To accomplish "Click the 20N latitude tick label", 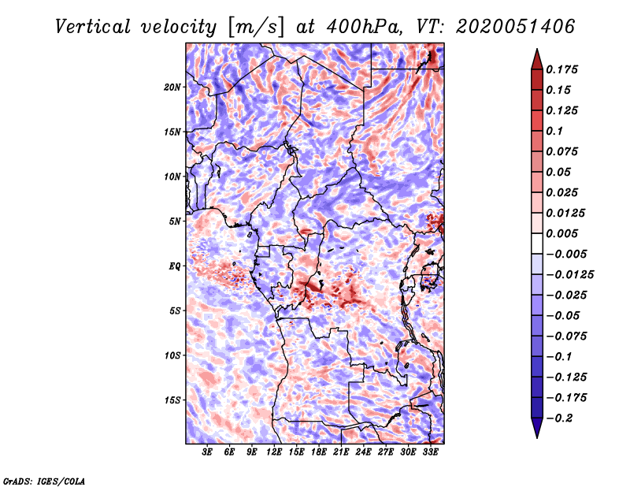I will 172,87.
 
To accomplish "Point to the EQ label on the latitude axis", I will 174,266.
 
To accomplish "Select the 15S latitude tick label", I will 172,400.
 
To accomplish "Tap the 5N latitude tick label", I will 175,221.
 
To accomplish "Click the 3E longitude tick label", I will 208,452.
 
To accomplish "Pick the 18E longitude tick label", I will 319,452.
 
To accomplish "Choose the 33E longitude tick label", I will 430,452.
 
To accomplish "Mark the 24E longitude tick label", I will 363,452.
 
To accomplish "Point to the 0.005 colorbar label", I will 564,233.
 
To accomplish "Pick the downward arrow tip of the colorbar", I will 536,435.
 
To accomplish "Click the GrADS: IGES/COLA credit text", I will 43,479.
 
